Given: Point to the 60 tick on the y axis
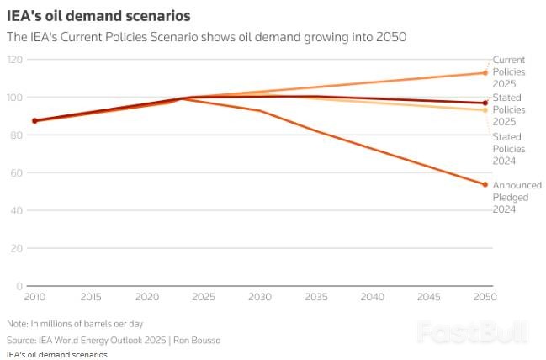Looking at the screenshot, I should click(17, 173).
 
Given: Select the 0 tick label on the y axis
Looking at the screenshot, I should click(19, 287).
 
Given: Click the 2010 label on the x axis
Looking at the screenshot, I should click(34, 298).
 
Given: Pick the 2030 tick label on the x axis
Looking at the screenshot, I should click(260, 298).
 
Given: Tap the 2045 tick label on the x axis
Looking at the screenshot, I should click(429, 298).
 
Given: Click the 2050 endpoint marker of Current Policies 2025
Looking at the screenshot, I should click(485, 73).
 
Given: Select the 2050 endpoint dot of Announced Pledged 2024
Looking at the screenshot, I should click(485, 185).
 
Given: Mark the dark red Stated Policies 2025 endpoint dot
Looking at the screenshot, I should click(485, 103).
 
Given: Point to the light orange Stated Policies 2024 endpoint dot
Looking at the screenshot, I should click(485, 110).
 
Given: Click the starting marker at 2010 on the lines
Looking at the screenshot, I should click(34, 120).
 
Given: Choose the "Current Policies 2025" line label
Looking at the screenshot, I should click(509, 72).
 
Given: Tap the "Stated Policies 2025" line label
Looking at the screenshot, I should click(509, 110).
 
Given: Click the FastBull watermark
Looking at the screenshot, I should click(473, 331).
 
